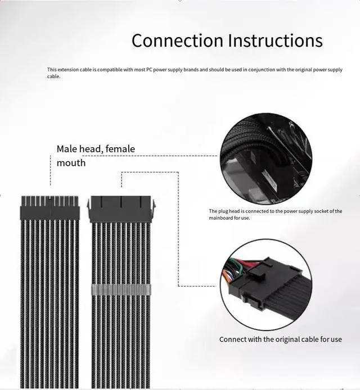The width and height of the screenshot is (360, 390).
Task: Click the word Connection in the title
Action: pos(177,40)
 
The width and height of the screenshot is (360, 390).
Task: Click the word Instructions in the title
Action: pos(276,40)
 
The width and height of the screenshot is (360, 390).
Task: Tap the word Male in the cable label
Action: pos(67,149)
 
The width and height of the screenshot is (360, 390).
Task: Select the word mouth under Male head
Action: pos(71,163)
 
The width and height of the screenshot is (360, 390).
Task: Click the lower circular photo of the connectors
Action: pos(265,284)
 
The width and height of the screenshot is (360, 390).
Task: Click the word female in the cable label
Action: pos(120,149)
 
